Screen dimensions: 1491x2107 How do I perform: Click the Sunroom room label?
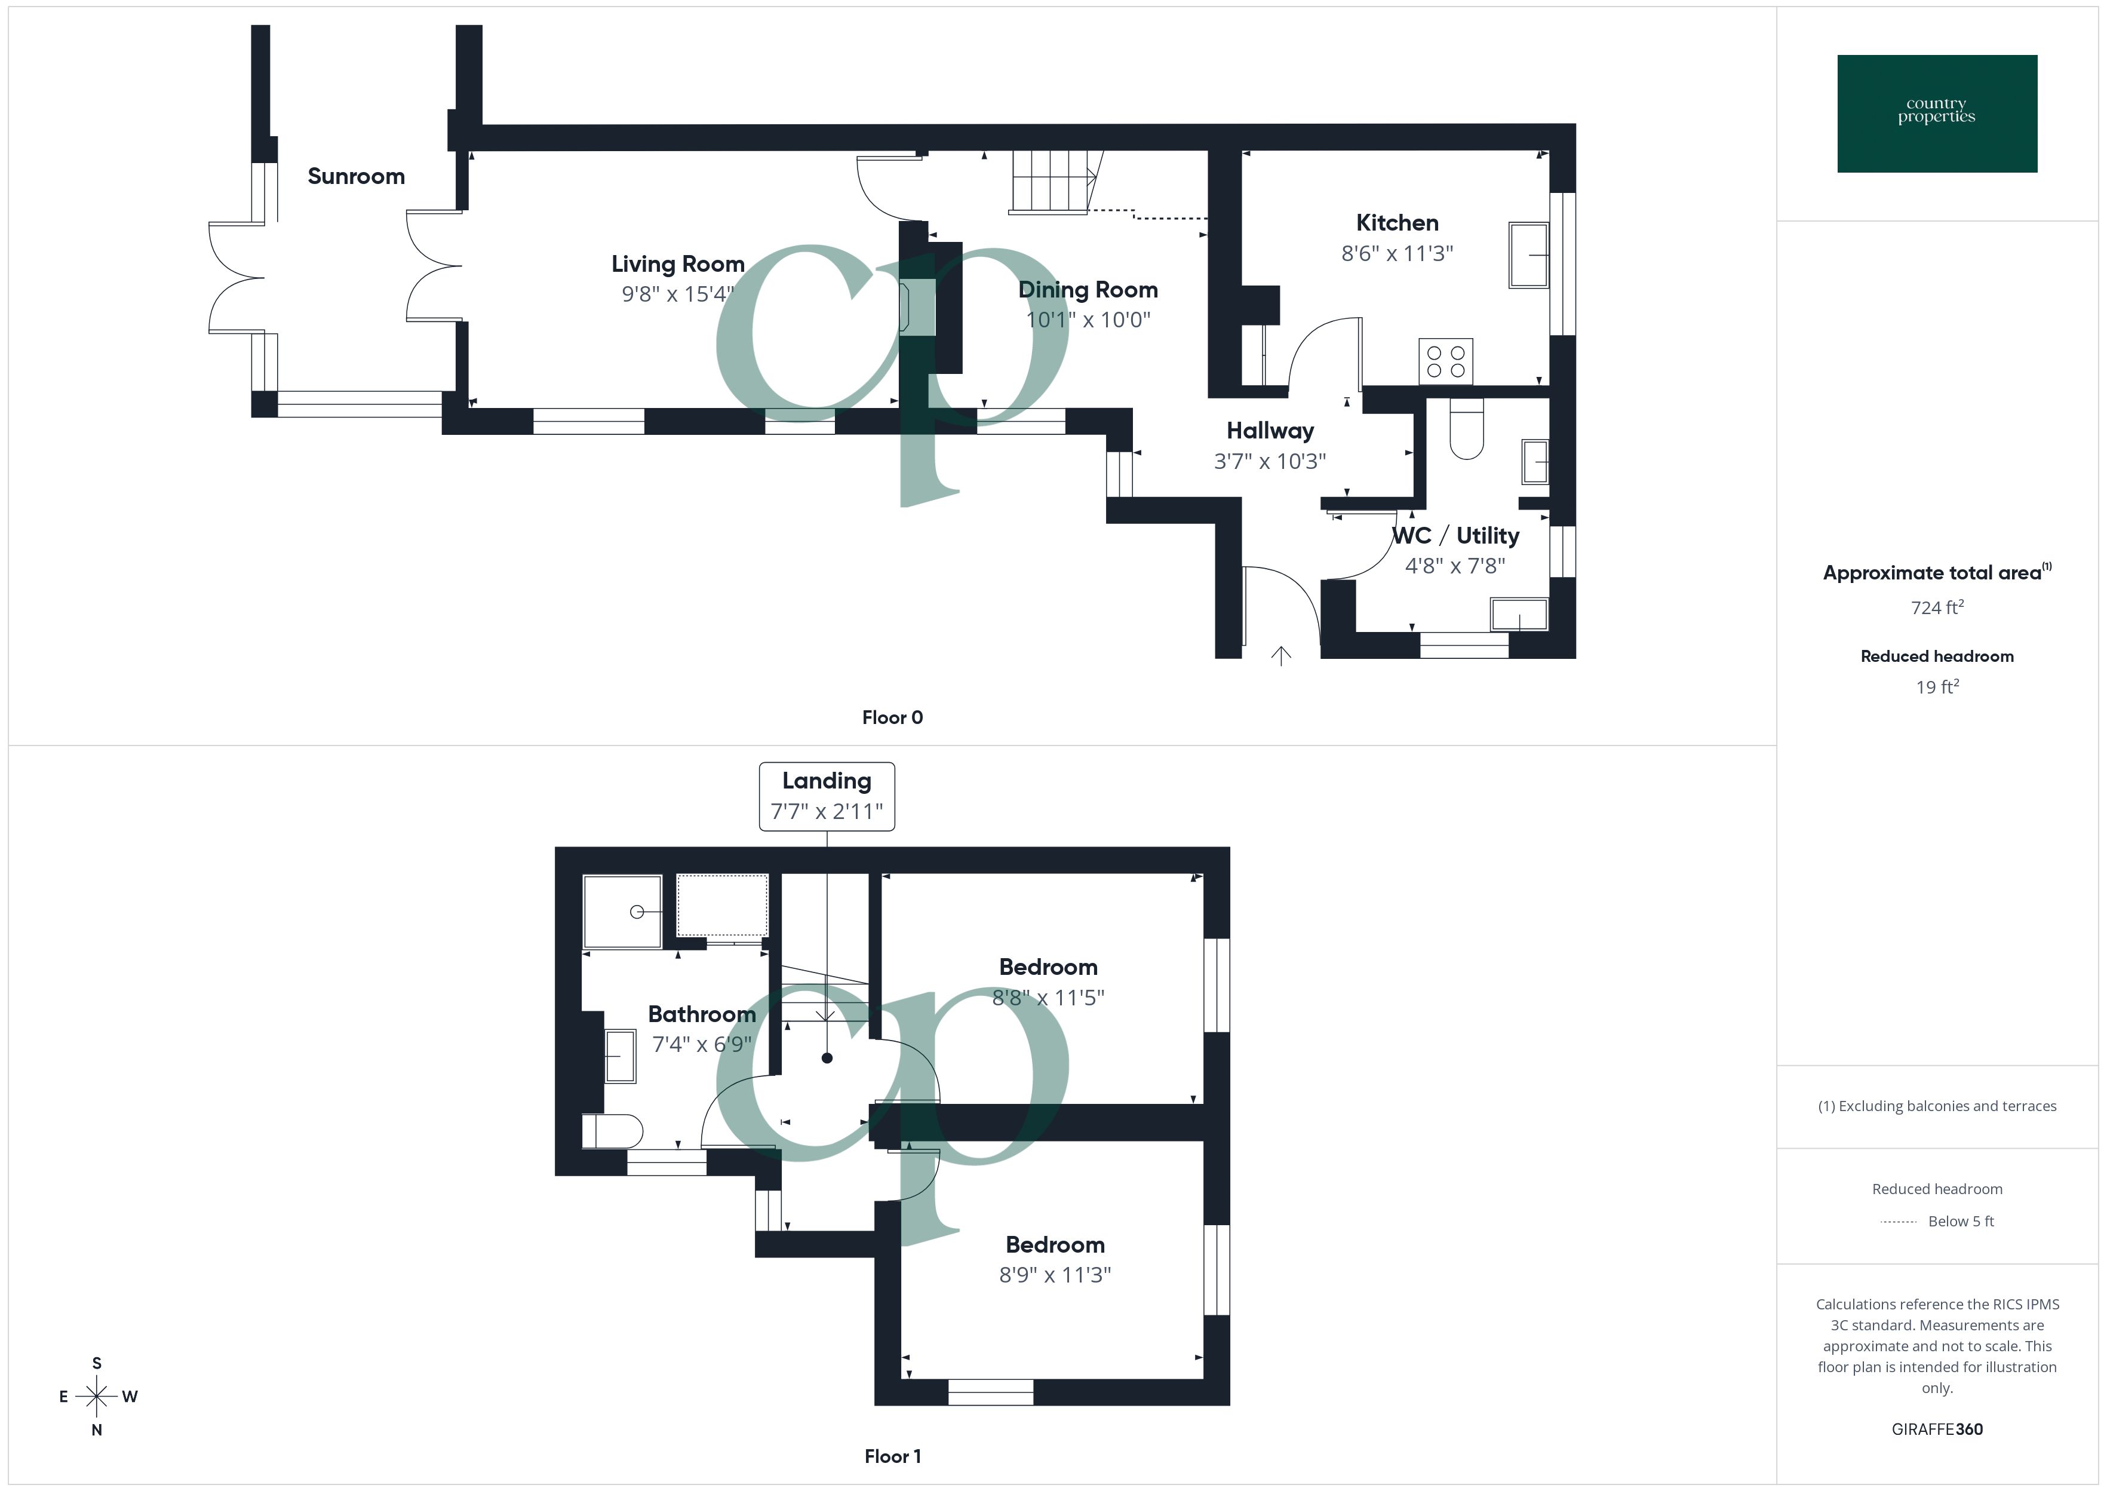tap(356, 176)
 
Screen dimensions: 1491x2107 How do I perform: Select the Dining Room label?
tap(1088, 290)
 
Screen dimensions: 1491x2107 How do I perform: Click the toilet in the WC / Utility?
tap(1466, 429)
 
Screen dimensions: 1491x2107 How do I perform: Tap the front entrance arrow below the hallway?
tap(1281, 655)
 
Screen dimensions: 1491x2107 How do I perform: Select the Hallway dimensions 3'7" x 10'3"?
tap(1270, 461)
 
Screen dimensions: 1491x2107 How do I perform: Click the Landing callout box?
tap(827, 796)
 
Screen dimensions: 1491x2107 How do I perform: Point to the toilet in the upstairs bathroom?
tap(612, 1131)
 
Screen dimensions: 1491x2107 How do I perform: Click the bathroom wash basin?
tap(621, 1056)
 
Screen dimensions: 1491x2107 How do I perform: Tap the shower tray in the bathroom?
tap(622, 912)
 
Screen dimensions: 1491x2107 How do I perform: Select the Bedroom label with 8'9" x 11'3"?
tap(1055, 1245)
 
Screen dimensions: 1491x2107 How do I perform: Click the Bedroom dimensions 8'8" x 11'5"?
tap(1048, 998)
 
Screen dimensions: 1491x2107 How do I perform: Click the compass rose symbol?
tap(96, 1397)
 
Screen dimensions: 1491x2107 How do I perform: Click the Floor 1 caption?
tap(892, 1456)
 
